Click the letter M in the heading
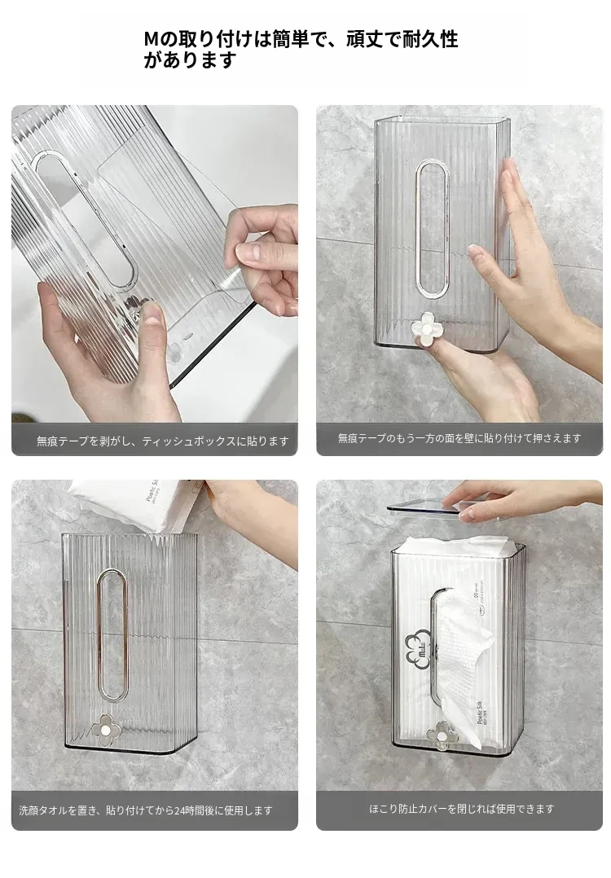pos(152,40)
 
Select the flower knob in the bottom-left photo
pos(104,730)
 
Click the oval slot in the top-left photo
pos(84,218)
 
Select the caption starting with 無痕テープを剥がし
pos(162,441)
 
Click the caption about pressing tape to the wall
pos(459,438)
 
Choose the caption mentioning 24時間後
pos(146,810)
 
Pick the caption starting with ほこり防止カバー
pos(462,809)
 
